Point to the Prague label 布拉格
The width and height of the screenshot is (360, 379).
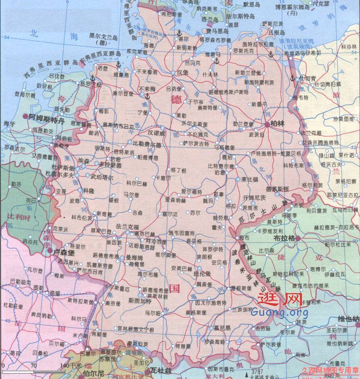pos(285,238)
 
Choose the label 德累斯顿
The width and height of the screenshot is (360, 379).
pos(277,189)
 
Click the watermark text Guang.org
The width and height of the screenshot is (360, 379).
pos(279,313)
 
